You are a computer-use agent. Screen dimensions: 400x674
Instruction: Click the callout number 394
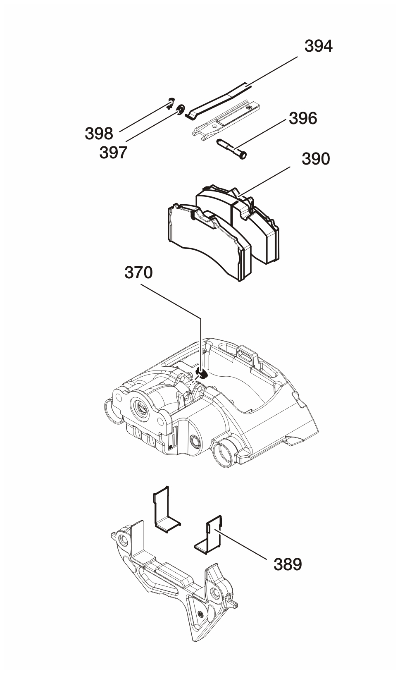click(318, 46)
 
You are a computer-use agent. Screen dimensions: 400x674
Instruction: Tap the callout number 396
click(303, 118)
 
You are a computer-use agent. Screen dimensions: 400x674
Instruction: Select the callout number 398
click(99, 133)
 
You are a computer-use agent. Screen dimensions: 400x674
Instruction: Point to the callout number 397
click(113, 153)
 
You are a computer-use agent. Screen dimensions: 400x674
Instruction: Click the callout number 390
click(316, 158)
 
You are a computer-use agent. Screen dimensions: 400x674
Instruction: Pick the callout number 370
click(139, 272)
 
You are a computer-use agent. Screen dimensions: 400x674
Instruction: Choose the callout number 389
click(288, 564)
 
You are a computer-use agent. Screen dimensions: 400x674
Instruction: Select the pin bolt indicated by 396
click(231, 148)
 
